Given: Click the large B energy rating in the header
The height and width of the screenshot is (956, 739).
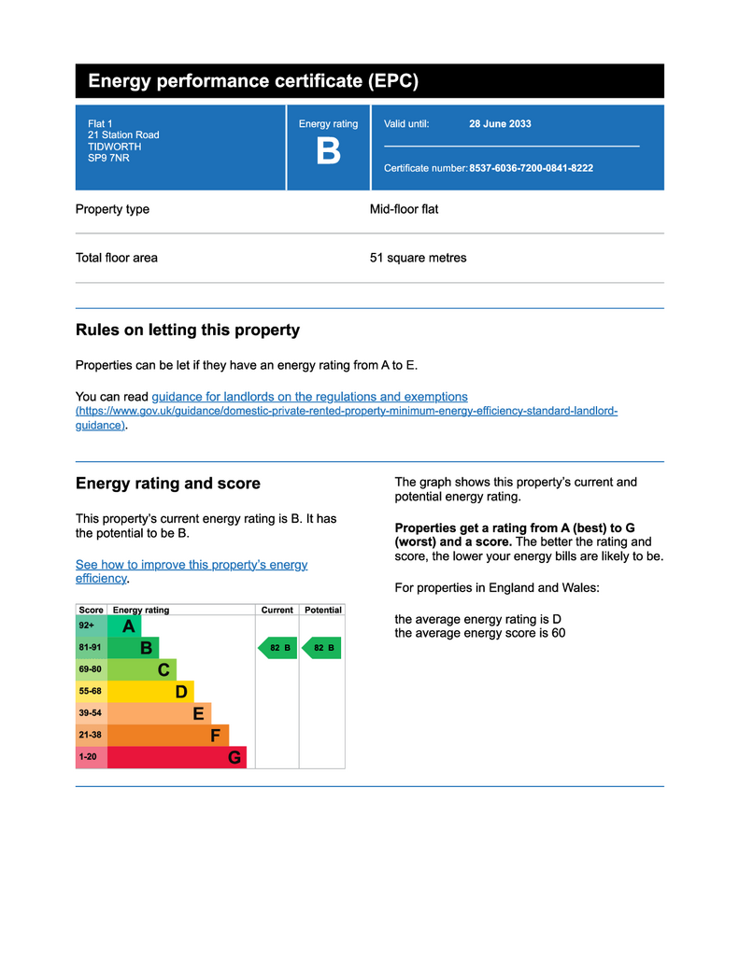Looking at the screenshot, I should click(x=328, y=151).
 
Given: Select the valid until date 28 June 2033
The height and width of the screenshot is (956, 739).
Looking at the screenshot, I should click(x=500, y=124).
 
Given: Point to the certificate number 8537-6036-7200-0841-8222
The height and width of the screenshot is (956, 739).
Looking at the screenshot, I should click(x=531, y=168).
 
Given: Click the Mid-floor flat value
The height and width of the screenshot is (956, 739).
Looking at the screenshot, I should click(x=404, y=209).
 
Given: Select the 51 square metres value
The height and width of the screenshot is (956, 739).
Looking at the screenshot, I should click(x=418, y=258).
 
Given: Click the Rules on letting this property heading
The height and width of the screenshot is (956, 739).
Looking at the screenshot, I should click(x=187, y=330).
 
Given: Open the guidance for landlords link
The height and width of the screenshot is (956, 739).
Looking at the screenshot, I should click(x=309, y=397).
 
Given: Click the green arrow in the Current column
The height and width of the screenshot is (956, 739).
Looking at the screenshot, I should click(x=277, y=648).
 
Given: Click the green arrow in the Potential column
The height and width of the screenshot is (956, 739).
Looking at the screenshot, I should click(x=322, y=648).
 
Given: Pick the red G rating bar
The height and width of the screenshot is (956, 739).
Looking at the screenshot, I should click(x=177, y=757).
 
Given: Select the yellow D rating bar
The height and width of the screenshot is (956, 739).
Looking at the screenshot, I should click(x=150, y=692).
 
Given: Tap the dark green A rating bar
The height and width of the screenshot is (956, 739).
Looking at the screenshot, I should click(x=124, y=626).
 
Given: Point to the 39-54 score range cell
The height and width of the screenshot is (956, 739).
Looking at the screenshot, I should click(x=91, y=713).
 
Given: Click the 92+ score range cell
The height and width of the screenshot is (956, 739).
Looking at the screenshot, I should click(x=91, y=626).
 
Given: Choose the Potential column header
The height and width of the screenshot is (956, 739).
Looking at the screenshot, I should click(x=323, y=610).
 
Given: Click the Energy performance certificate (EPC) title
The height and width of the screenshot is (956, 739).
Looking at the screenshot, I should click(x=253, y=81).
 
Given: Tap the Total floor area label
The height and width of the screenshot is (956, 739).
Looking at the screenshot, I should click(x=117, y=258).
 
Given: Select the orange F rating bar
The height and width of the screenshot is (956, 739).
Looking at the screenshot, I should click(x=168, y=736).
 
